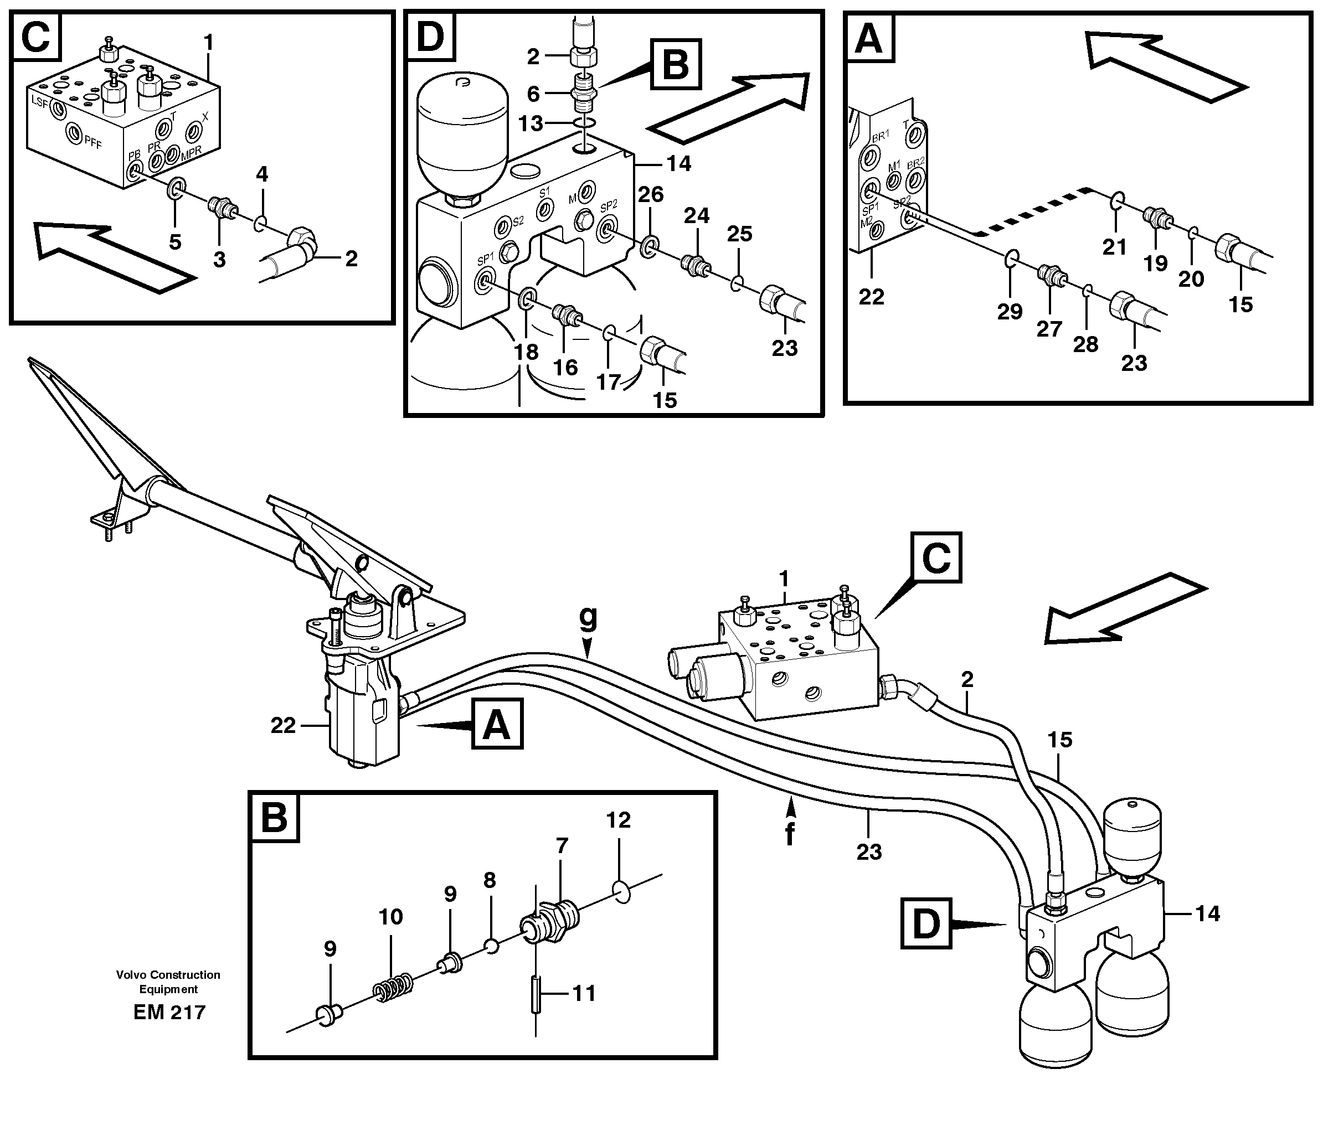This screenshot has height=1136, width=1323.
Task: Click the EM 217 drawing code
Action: [169, 1013]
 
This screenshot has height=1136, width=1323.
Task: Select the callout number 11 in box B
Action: [584, 994]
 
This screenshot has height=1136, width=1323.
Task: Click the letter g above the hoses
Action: [588, 618]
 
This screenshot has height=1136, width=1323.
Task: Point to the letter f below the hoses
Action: [790, 834]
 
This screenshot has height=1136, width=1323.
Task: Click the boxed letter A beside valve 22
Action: [497, 724]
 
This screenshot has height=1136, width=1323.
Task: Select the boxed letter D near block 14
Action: [926, 923]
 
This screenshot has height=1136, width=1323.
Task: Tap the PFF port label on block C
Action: [92, 143]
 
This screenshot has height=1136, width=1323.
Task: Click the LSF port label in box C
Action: [39, 101]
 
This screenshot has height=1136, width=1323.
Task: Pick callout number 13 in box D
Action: [531, 123]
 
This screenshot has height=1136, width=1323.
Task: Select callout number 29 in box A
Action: [1010, 312]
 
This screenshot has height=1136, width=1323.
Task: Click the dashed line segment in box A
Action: [1028, 210]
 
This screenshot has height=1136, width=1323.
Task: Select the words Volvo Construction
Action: [168, 974]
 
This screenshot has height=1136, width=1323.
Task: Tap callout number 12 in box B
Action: [618, 820]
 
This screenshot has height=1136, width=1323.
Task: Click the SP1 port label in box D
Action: [485, 259]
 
